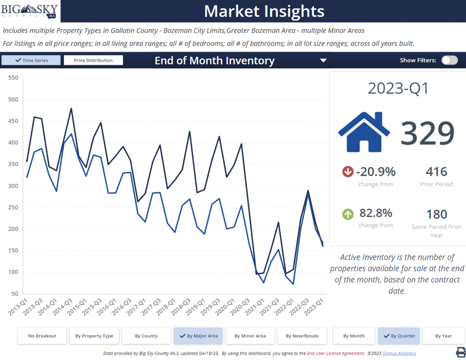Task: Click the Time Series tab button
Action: pos(31,60)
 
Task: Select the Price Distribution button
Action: pos(93,60)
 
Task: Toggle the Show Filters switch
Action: pos(450,60)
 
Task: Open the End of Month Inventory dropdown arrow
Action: pos(323,61)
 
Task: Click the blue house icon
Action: pos(364,132)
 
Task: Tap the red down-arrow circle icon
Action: pos(348,172)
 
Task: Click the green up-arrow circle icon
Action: pos(348,213)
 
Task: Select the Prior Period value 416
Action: pos(436,172)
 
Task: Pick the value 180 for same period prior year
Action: pos(436,214)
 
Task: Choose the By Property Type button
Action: pos(94,336)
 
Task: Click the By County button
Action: pos(146,336)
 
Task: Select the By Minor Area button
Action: pos(250,336)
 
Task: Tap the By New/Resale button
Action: pos(302,336)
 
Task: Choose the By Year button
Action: pos(443,336)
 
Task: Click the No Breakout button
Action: pos(42,336)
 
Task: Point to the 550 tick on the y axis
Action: pos(13,78)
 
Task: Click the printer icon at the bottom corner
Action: pos(461,352)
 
